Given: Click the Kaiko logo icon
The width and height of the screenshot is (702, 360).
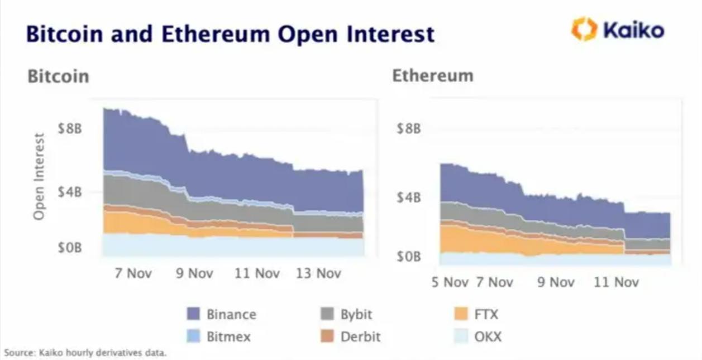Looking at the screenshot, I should (584, 29).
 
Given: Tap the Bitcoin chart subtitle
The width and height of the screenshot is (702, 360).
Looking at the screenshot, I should (58, 76).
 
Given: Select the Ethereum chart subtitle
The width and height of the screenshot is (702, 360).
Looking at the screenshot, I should (433, 75).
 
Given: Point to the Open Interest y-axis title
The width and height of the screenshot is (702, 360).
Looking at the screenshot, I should (39, 176).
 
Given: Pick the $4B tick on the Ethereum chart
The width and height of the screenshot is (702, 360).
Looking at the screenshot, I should (408, 197).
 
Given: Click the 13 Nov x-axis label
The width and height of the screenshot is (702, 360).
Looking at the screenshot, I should (318, 273).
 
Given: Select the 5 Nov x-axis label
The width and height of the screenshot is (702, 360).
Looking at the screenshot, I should (450, 282).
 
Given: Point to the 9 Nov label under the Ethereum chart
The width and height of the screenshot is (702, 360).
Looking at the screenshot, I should (556, 282).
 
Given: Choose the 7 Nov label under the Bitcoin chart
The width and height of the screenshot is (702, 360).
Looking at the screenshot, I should (133, 273).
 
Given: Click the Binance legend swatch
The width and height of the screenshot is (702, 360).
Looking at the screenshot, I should (193, 314).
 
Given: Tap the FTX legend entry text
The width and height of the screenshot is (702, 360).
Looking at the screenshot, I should (486, 314).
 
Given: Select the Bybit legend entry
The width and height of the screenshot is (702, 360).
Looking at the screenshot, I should (356, 314).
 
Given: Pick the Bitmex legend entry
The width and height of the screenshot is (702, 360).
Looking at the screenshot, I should (228, 337).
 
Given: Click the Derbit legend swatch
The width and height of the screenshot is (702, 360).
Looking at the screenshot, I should (327, 337).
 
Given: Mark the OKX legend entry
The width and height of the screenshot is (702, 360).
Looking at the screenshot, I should (488, 337).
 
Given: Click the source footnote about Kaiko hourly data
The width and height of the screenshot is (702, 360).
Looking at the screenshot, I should (85, 353).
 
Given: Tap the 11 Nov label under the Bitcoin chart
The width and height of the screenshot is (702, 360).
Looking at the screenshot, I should (257, 273).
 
